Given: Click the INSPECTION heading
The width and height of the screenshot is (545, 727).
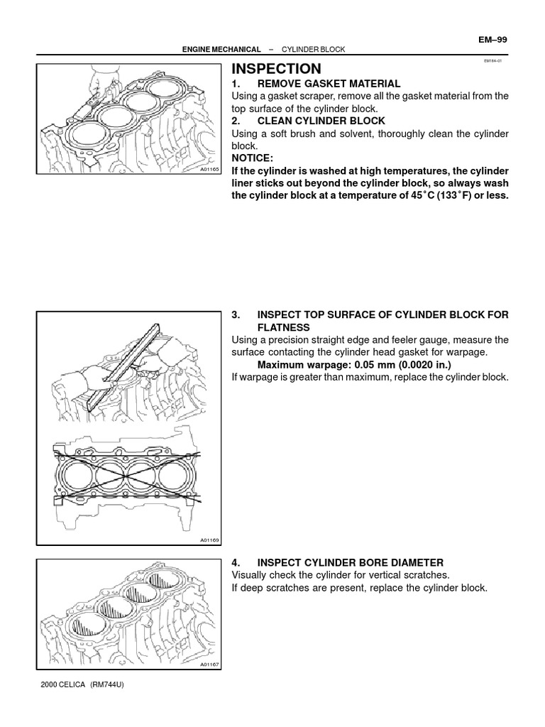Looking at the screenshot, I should [276, 69].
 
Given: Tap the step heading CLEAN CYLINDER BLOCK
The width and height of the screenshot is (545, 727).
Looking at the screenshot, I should [321, 121].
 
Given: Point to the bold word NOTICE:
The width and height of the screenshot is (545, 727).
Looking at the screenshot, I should [252, 158].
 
